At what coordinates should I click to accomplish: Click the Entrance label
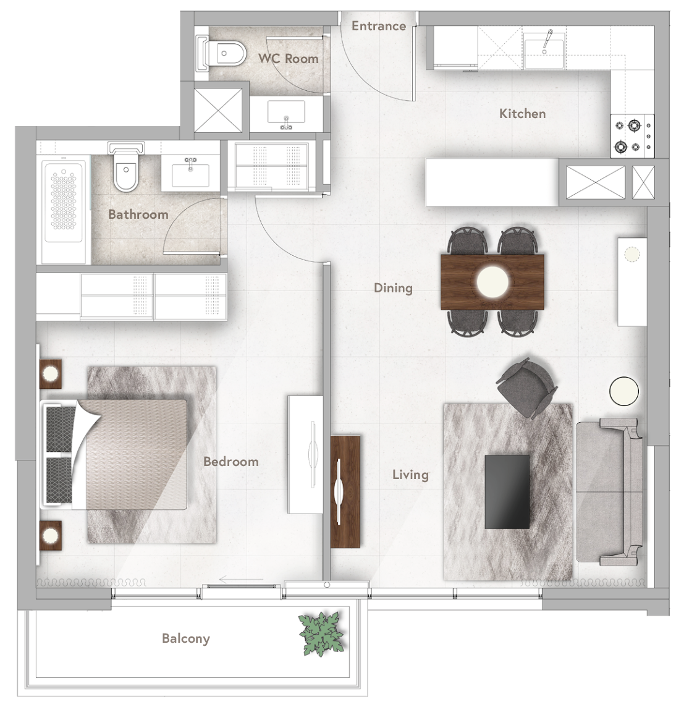click(378, 26)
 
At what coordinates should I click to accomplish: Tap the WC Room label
click(288, 59)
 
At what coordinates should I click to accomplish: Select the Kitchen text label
click(522, 114)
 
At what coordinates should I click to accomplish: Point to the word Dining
click(393, 288)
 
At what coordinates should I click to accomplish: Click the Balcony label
click(185, 638)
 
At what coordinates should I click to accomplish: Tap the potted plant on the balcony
click(321, 633)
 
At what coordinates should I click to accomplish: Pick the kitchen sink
click(544, 52)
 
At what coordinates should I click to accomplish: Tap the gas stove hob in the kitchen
click(632, 136)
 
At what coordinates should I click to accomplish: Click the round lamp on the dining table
click(493, 282)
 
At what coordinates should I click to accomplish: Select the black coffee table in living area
click(507, 491)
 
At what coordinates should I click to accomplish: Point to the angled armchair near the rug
click(526, 388)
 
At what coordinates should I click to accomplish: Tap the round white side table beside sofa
click(623, 391)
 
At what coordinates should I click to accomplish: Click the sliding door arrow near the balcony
click(241, 580)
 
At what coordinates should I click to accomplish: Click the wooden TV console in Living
click(345, 491)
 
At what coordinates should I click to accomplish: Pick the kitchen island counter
click(492, 182)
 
